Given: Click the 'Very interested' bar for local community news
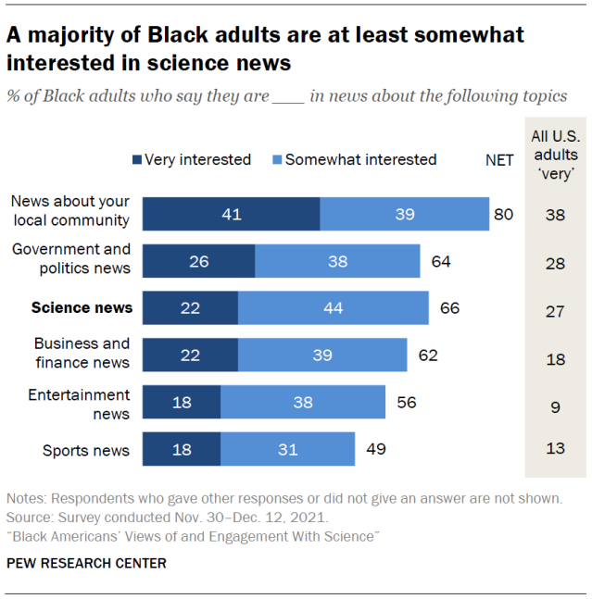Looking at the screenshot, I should coord(231,214).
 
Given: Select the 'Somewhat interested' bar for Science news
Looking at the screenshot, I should coord(333,307).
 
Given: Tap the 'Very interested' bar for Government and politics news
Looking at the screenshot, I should coord(199,260).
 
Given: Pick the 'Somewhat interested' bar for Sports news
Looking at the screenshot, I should coord(287,450).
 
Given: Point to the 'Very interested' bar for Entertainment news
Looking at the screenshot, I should coord(183,403).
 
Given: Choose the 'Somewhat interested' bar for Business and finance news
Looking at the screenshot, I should coord(321,355).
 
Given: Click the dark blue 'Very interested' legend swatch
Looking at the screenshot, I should coord(137,159).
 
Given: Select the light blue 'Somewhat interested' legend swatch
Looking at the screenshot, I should coord(276,159).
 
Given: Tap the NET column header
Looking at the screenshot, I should coord(499,160).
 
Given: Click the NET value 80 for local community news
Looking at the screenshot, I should coord(503,214).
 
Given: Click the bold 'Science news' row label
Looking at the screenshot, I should coord(82,307).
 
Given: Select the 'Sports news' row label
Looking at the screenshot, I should coord(86,451).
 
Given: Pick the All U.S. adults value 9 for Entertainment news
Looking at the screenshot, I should coord(555,403).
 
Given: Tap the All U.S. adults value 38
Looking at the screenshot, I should coord(555,214).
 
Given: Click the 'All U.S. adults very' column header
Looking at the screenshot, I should coord(555,153).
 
